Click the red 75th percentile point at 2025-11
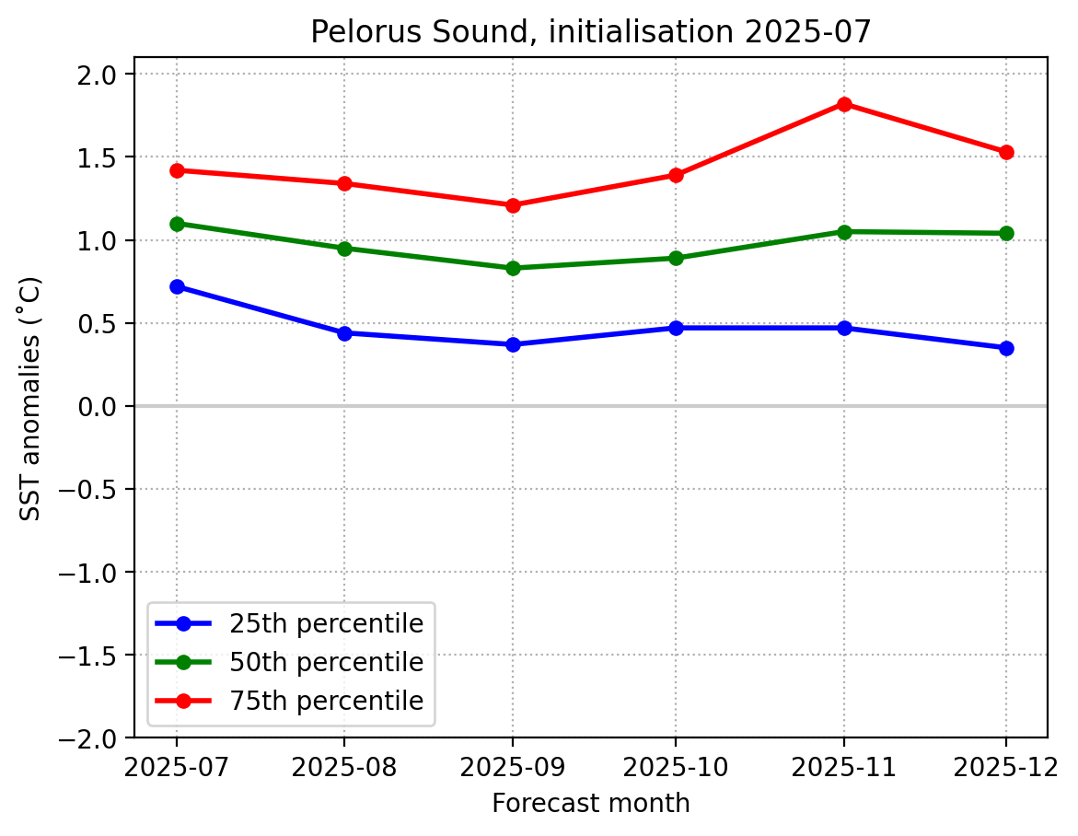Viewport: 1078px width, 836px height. [844, 104]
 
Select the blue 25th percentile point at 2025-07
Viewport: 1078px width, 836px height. [177, 286]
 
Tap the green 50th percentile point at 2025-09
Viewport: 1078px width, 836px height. [513, 268]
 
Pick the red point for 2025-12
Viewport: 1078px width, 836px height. [1006, 152]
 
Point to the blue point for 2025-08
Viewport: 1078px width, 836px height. [344, 333]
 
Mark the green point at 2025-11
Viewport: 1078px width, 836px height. [844, 232]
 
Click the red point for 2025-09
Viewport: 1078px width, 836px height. [513, 205]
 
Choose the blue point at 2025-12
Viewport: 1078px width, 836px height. [1006, 348]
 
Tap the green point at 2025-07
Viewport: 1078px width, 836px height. [177, 224]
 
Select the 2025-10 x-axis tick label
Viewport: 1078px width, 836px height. [676, 767]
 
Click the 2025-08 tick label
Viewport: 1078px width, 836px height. [344, 767]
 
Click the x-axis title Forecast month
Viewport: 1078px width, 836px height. [591, 804]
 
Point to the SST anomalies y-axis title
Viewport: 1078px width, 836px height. [31, 398]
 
